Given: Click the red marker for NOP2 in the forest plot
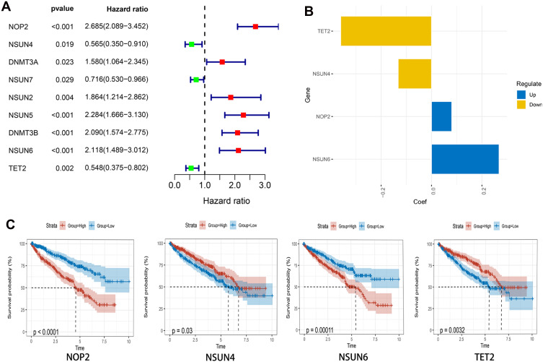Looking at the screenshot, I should [255, 27].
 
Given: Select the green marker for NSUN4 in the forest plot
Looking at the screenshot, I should [191, 44].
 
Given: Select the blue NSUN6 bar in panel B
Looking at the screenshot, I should [465, 159].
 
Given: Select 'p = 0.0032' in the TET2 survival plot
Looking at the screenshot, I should [456, 332].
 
